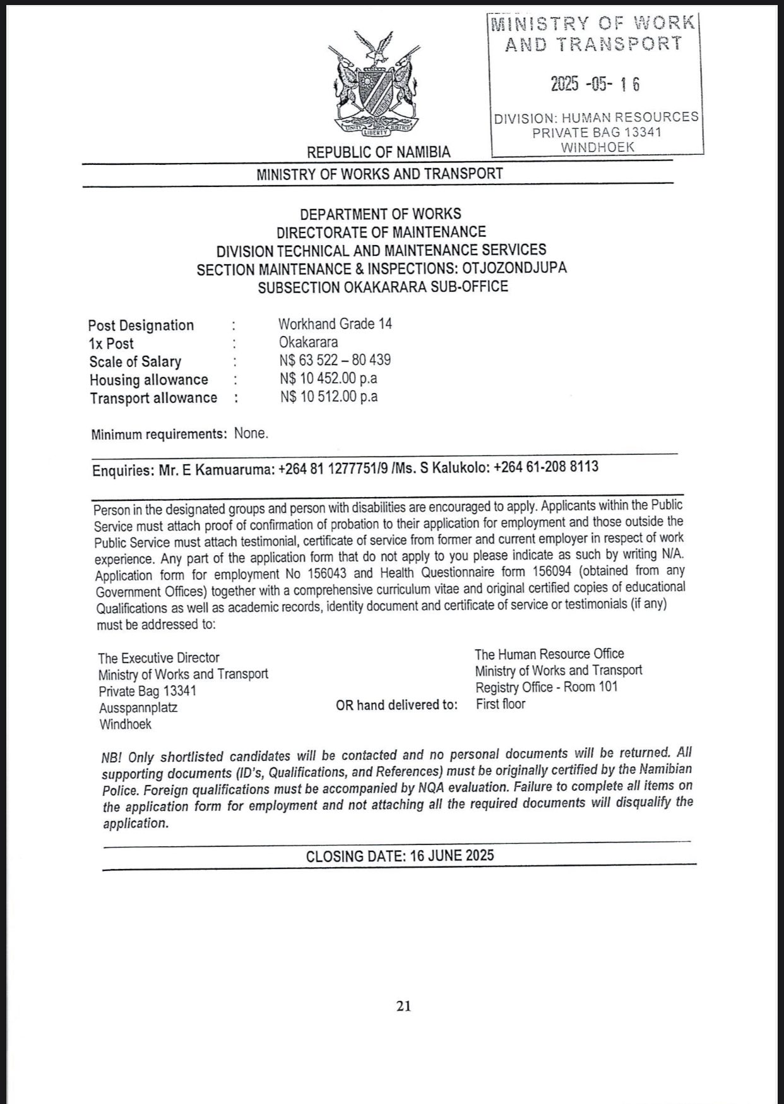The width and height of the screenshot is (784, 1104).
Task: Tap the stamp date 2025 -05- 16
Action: pyautogui.click(x=595, y=83)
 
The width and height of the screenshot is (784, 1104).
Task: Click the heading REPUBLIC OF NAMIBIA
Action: pyautogui.click(x=379, y=152)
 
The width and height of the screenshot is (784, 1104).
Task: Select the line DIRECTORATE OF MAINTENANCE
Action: pyautogui.click(x=381, y=232)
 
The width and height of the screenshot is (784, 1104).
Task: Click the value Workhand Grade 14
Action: pyautogui.click(x=335, y=324)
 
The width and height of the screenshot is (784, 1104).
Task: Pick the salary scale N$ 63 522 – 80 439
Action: pyautogui.click(x=335, y=360)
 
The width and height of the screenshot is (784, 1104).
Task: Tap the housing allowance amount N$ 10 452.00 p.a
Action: pyautogui.click(x=329, y=378)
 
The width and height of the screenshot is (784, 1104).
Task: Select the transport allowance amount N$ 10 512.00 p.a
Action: pyautogui.click(x=329, y=397)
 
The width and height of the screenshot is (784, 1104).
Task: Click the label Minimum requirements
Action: pyautogui.click(x=159, y=435)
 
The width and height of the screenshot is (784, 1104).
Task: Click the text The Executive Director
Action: pyautogui.click(x=158, y=657)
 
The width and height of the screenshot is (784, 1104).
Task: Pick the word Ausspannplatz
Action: pyautogui.click(x=138, y=707)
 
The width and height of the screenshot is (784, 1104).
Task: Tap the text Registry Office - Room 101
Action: pyautogui.click(x=546, y=687)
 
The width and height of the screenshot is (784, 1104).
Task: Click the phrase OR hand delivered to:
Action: pyautogui.click(x=396, y=705)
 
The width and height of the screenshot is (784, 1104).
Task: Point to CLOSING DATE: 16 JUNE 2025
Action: pyautogui.click(x=400, y=856)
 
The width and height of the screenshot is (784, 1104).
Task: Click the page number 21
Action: pyautogui.click(x=404, y=1005)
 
